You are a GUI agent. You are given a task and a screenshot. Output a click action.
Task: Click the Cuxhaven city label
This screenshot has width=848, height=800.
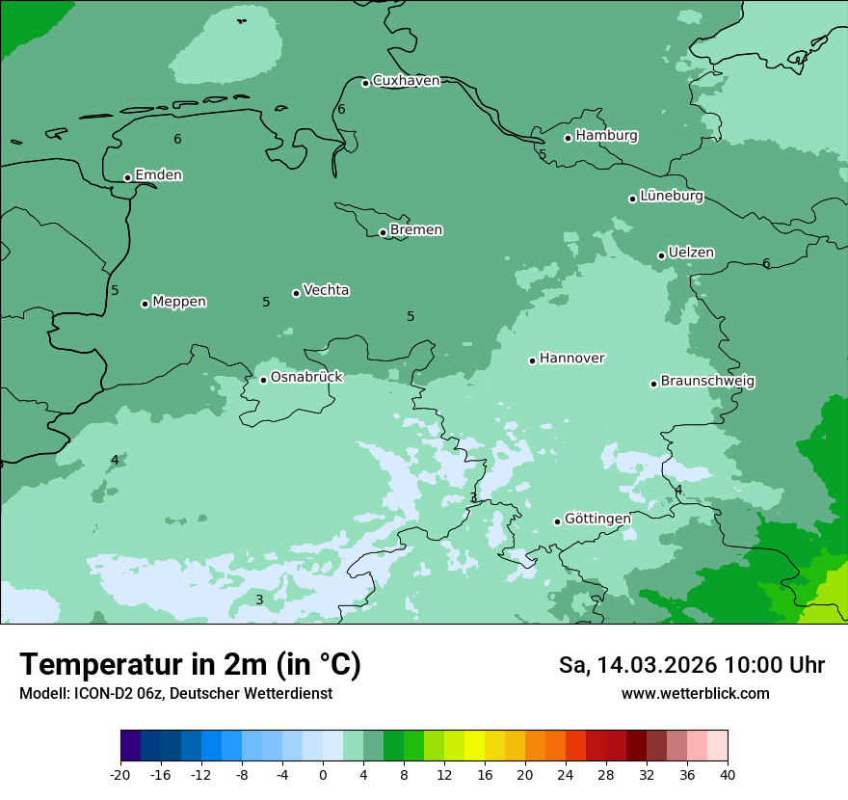pyautogui.click(x=406, y=81)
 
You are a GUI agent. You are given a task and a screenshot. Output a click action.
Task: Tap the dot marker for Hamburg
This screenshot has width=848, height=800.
pyautogui.click(x=568, y=138)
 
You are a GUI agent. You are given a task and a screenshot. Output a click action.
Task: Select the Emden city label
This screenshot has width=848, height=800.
pyautogui.click(x=158, y=175)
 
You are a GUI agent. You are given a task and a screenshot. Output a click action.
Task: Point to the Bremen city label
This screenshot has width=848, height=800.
pyautogui.click(x=416, y=230)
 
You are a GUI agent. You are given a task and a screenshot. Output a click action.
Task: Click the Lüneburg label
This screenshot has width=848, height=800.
pyautogui.click(x=671, y=197)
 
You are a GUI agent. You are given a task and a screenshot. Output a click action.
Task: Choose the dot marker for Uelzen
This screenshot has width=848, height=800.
pyautogui.click(x=661, y=255)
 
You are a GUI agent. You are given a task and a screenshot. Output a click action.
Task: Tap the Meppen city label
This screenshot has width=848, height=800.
pyautogui.click(x=179, y=302)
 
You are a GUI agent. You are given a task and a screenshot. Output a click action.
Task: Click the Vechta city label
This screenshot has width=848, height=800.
pyautogui.click(x=326, y=290)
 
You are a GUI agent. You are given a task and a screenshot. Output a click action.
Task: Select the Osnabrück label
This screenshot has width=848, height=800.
pyautogui.click(x=306, y=377)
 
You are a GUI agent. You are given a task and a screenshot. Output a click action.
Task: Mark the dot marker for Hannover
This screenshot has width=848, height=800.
pyautogui.click(x=532, y=360)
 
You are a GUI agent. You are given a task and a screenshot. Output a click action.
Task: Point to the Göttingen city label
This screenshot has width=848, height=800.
pyautogui.click(x=597, y=519)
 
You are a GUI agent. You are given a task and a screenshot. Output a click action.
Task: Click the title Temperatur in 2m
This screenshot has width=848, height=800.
pyautogui.click(x=191, y=665)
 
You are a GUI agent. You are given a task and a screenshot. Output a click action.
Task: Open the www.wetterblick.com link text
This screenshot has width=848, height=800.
pyautogui.click(x=695, y=694)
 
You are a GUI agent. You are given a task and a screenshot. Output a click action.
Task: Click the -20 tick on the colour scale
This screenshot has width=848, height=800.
pyautogui.click(x=119, y=774)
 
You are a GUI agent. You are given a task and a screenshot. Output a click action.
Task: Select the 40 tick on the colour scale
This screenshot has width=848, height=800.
pyautogui.click(x=728, y=774)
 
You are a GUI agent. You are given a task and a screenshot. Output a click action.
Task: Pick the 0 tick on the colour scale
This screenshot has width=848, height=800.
pyautogui.click(x=323, y=774)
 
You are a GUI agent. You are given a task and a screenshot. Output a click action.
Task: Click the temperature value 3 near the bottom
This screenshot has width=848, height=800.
pyautogui.click(x=258, y=600)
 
